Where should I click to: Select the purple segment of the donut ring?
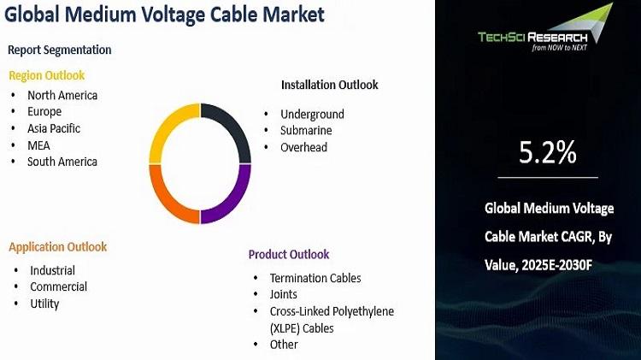click(236, 200)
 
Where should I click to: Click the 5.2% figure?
click(547, 152)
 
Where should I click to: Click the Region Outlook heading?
click(47, 76)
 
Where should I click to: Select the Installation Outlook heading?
click(330, 85)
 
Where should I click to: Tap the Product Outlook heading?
click(289, 255)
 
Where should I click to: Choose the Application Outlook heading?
click(57, 247)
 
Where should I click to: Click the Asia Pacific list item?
click(54, 128)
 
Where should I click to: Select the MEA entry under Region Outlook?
click(38, 145)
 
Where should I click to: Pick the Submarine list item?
click(306, 131)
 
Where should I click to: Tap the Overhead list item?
click(303, 147)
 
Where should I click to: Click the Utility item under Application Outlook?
click(44, 304)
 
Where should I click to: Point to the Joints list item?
click(283, 294)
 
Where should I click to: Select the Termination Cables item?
click(315, 278)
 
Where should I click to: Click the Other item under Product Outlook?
click(284, 345)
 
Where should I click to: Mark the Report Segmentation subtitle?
click(59, 50)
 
